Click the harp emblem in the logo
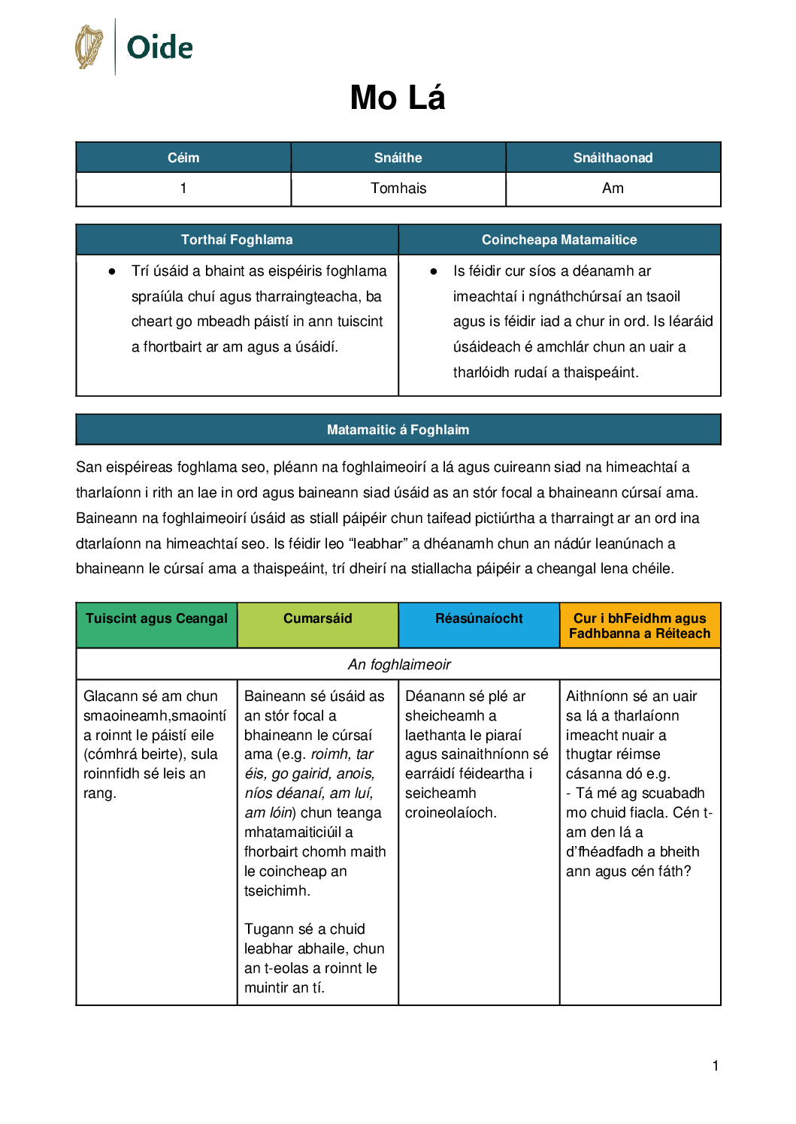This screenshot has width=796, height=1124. pos(89,47)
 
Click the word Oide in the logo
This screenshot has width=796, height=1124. pos(159,47)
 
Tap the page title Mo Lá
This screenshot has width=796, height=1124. pos(398,98)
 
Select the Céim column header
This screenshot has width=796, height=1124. pos(183,158)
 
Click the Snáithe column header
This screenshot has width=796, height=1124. pos(398,158)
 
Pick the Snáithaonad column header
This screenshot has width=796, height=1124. pos(613,158)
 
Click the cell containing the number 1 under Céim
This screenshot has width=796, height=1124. pos(183,189)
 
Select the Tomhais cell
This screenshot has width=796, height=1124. pos(398,189)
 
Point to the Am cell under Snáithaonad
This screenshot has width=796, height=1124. pos(613,189)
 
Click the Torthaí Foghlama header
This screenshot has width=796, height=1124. pos(237,240)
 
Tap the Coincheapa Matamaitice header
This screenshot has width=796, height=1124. pos(559,240)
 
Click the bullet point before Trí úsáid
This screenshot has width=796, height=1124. pos(112,271)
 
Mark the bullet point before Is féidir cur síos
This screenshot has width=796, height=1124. pos(434,271)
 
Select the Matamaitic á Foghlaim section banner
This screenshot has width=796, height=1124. pos(398,430)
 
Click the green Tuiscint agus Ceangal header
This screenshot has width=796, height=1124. pos(156,618)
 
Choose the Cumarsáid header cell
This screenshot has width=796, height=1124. pos(317,618)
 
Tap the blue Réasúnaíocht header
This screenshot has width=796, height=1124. pos(479,618)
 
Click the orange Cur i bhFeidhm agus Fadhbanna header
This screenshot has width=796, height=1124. pos(640,626)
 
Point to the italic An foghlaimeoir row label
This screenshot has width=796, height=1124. pos(399,664)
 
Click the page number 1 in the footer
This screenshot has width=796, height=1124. pos(716,1065)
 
